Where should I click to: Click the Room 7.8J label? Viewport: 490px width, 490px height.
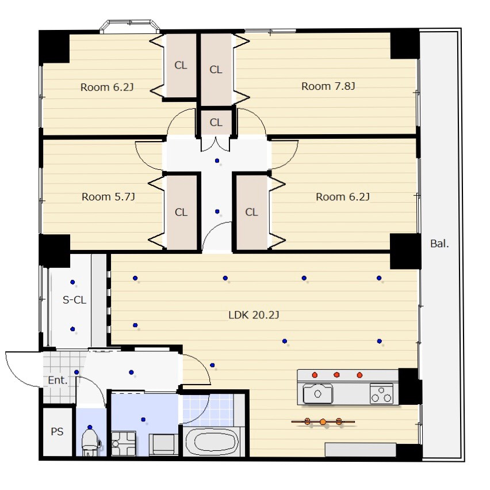point(328,86)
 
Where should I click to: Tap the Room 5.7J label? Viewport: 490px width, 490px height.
point(108,197)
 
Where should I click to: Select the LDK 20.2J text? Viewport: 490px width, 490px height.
point(254,315)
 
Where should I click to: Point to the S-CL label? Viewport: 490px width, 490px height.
point(74,300)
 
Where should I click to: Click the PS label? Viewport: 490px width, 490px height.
point(57,432)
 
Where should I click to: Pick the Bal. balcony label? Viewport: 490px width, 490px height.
point(439,244)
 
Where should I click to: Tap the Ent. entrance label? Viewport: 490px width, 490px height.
point(58,380)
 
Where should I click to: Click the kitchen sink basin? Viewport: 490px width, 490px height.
point(318,394)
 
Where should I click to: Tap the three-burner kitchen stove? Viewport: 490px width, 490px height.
point(381,394)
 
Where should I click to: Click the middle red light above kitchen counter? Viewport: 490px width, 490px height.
point(336,374)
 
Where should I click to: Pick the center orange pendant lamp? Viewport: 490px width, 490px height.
point(323,422)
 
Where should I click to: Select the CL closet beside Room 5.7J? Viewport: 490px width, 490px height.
point(181,212)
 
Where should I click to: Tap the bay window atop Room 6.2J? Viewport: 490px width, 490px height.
point(129,26)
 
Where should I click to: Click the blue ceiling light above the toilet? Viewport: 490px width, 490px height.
point(90,427)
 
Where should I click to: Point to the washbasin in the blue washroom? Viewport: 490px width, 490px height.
point(162,444)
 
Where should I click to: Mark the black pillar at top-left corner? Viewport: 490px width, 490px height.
point(54,47)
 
